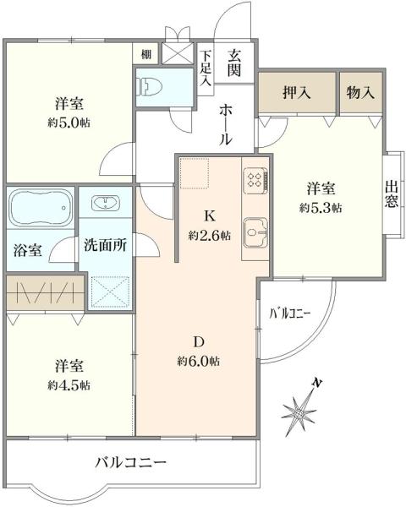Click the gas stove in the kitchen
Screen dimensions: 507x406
point(255,178)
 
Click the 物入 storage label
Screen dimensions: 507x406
point(360,93)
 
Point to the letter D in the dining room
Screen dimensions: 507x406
point(200,342)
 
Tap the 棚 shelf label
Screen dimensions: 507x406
point(147,55)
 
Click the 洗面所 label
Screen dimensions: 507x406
point(105,246)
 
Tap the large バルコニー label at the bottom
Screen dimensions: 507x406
point(131,462)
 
